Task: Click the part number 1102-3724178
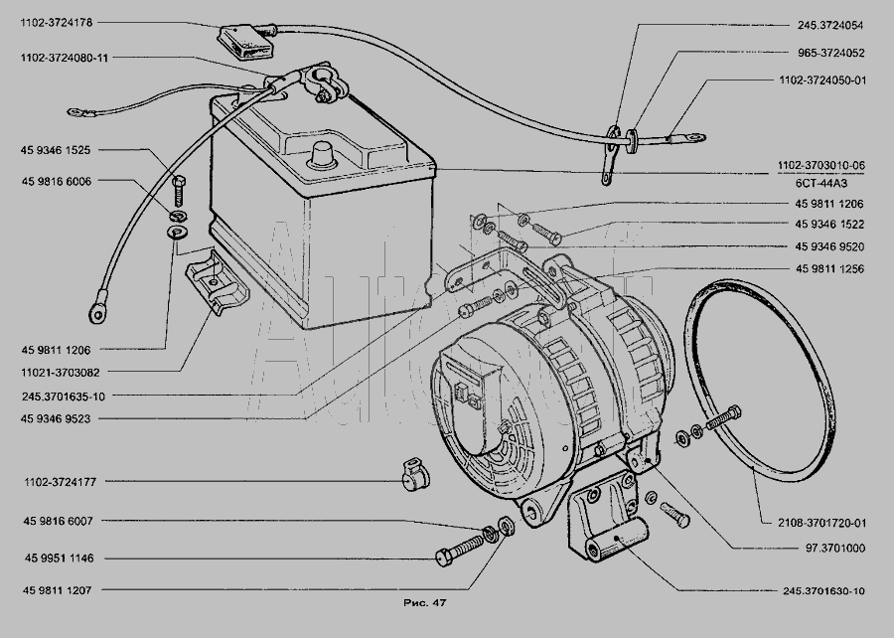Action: [56, 23]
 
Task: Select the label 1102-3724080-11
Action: [64, 58]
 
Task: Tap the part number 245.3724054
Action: [830, 25]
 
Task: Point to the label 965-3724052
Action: [830, 53]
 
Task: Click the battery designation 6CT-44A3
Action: [821, 184]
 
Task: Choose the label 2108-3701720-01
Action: [821, 523]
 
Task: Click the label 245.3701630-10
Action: [823, 591]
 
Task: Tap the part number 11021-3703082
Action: [61, 373]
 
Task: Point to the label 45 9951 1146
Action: [59, 558]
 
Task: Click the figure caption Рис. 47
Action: [425, 602]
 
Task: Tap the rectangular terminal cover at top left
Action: [245, 41]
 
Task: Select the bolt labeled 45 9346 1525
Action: [179, 191]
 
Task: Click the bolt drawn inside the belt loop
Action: [723, 418]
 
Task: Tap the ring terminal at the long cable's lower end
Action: [98, 310]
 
